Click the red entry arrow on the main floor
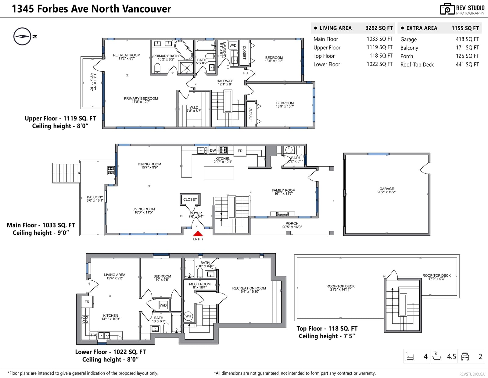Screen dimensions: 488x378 click(x=198, y=233)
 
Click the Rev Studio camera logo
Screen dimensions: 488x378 click(x=447, y=9)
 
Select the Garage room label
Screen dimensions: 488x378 click(x=386, y=189)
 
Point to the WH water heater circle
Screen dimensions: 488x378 click(x=188, y=316)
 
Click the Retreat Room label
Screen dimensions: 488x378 click(x=127, y=55)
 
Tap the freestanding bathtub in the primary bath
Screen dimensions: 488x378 click(x=184, y=50)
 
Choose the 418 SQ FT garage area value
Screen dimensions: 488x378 click(x=467, y=39)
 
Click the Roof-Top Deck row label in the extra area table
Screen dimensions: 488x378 click(x=417, y=64)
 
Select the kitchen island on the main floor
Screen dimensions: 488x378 click(x=219, y=172)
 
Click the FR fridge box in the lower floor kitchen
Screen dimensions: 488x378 click(x=87, y=302)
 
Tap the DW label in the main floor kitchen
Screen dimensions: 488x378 click(x=213, y=150)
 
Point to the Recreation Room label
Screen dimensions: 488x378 click(x=249, y=288)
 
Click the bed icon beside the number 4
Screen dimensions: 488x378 click(x=410, y=356)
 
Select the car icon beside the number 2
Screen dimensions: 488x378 click(x=465, y=356)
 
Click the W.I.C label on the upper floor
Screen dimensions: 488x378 click(x=194, y=107)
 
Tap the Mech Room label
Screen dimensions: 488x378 click(x=200, y=284)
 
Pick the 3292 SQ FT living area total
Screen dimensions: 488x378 click(x=379, y=28)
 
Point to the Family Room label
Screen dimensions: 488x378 click(x=283, y=190)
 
